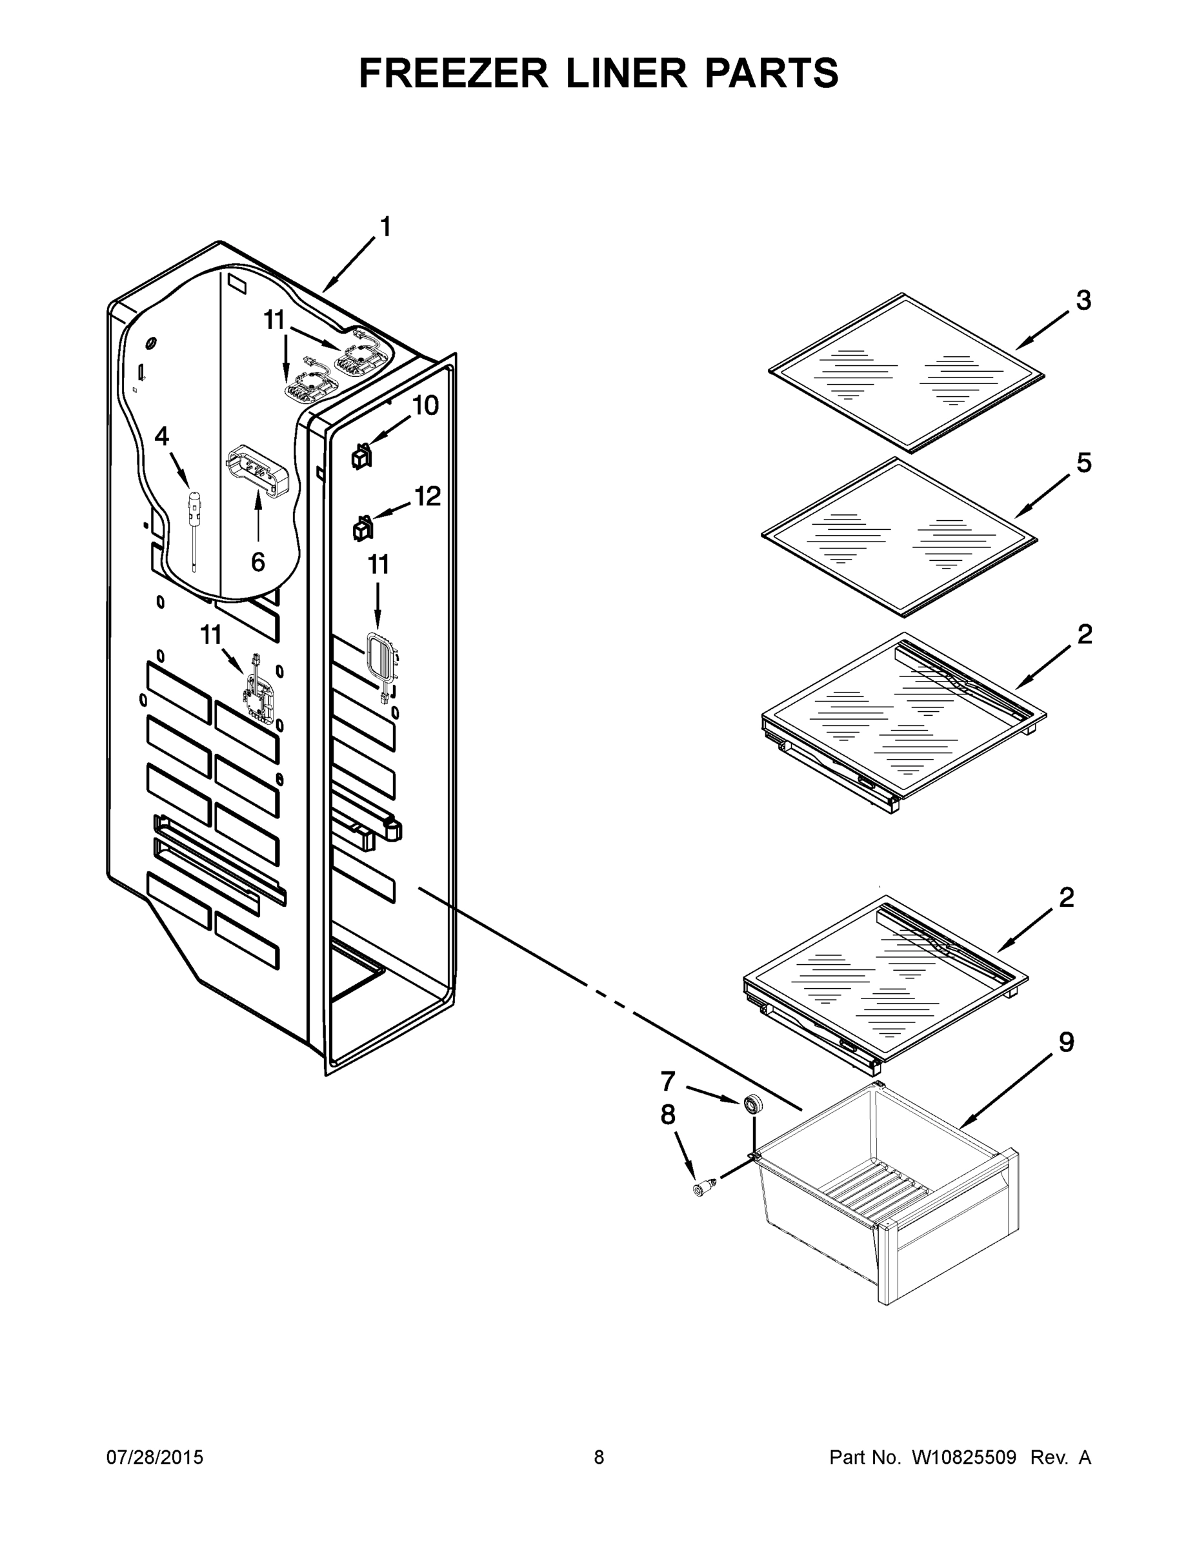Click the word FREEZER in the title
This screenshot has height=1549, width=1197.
453,73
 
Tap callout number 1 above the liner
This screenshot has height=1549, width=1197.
386,227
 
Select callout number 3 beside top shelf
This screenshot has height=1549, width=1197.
1083,301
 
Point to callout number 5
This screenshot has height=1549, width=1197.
1083,463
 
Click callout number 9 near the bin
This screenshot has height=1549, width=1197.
1066,1042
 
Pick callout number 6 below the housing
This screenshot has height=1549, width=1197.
258,562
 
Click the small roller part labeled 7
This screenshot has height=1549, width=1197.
752,1104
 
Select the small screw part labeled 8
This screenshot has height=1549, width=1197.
703,1190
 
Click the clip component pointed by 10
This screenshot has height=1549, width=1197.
361,457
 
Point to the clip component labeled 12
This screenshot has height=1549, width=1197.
361,529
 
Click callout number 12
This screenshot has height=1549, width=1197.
428,496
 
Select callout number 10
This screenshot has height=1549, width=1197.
425,406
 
